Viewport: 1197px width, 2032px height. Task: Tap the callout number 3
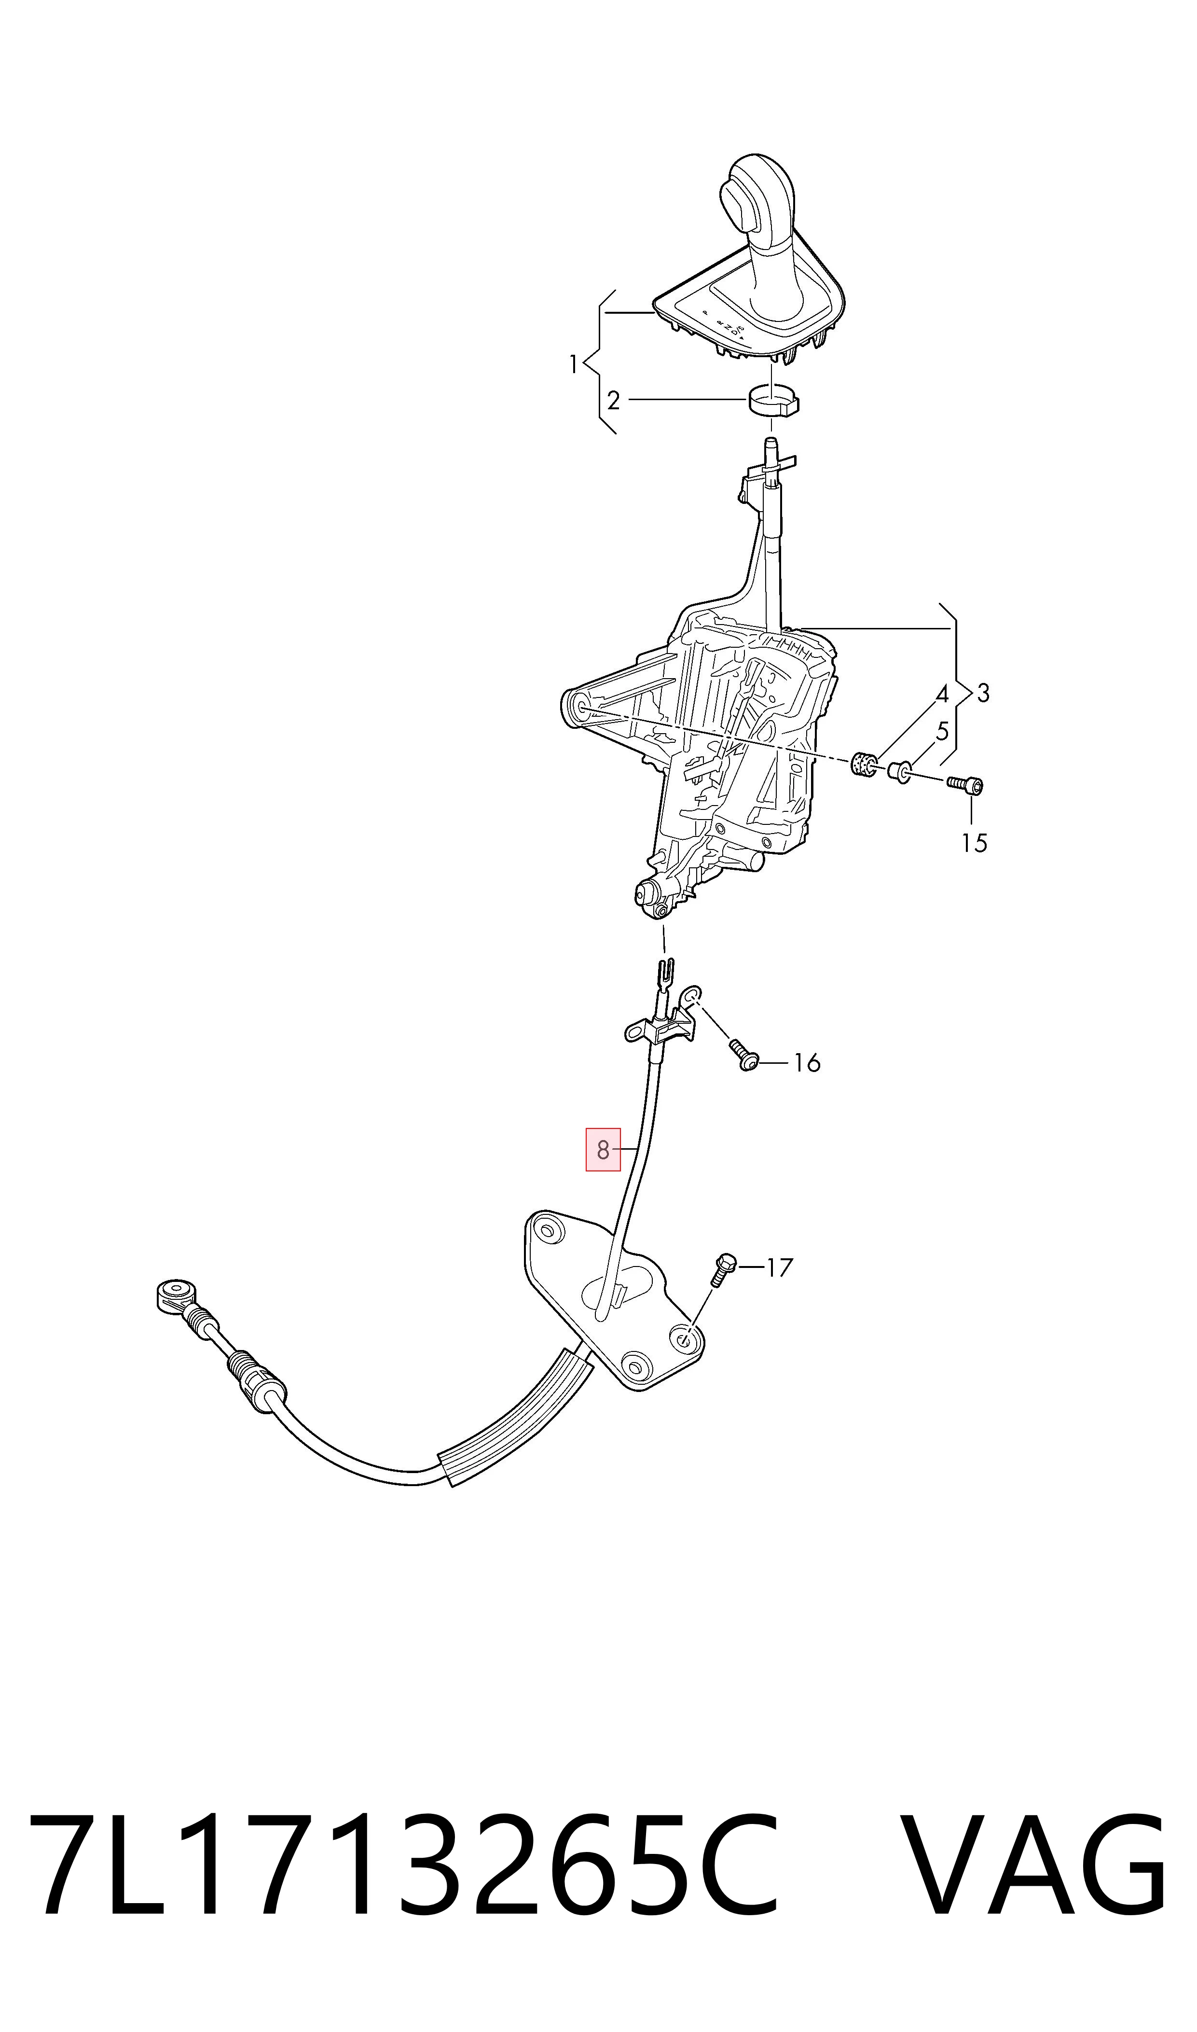[x=982, y=693]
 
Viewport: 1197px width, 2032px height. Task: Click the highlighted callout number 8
[x=603, y=1150]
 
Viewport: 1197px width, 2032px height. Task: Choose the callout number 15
[x=975, y=843]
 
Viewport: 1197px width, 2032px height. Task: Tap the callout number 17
[x=779, y=1268]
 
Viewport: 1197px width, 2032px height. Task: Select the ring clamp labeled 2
[x=773, y=400]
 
